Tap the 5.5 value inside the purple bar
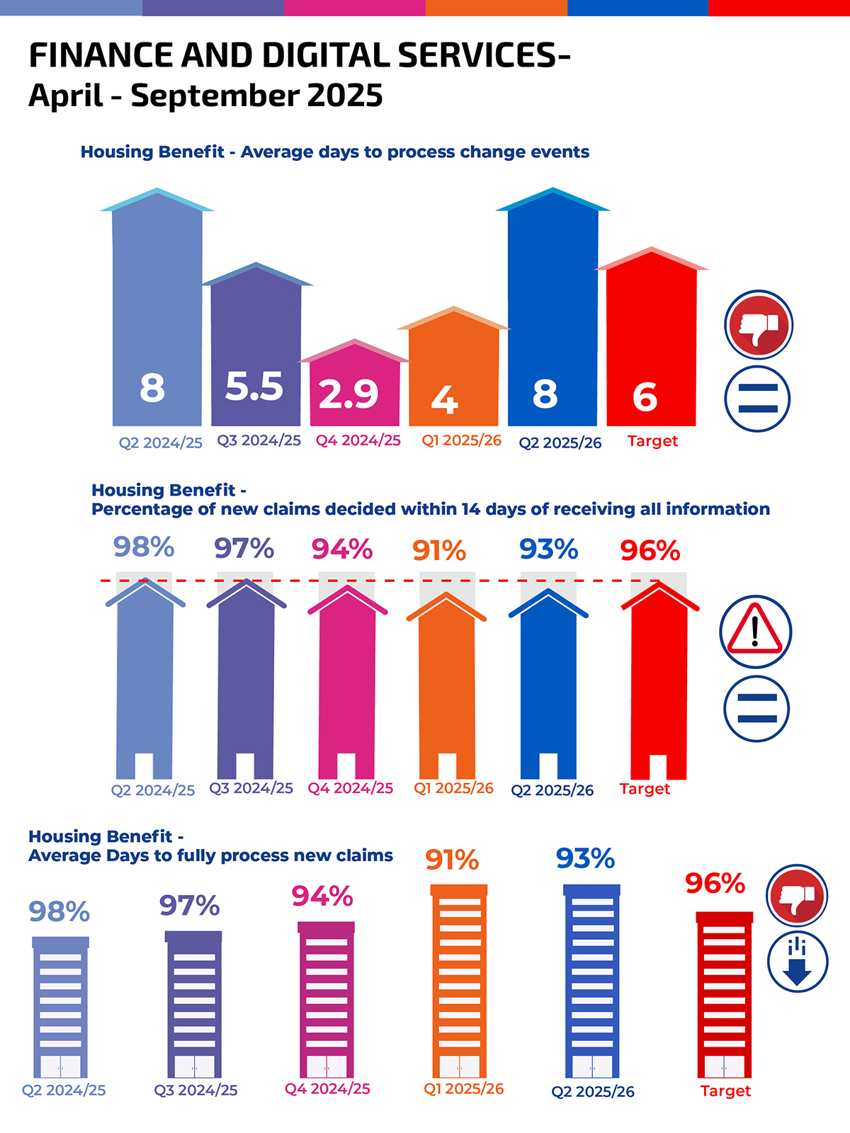click(x=254, y=387)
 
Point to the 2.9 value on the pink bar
click(x=348, y=394)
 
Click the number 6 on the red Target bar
click(x=645, y=397)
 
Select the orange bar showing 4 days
click(x=453, y=368)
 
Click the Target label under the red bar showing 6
click(x=652, y=441)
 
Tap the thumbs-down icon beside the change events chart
click(x=758, y=325)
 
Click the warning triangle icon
click(x=755, y=631)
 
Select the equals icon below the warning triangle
click(x=756, y=708)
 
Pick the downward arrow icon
click(x=798, y=962)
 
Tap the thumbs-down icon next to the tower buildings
click(x=798, y=895)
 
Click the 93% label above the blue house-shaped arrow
click(x=548, y=550)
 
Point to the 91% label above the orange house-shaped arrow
click(x=439, y=551)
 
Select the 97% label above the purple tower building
click(x=189, y=906)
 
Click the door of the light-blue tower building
click(x=60, y=1066)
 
